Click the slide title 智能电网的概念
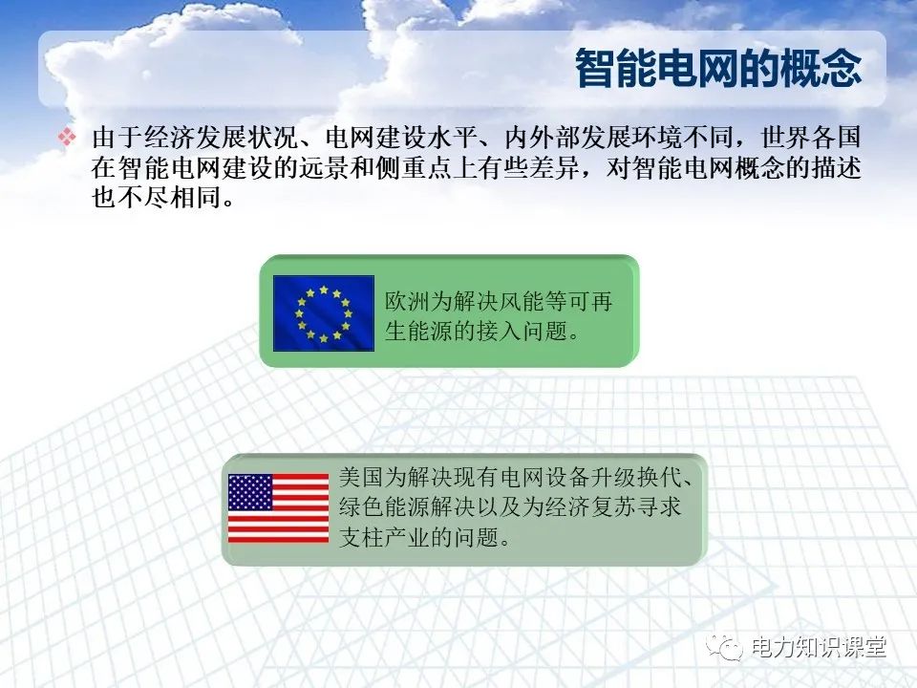pos(718,69)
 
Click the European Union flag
pos(324,313)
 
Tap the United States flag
pos(278,507)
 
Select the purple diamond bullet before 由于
pos(67,137)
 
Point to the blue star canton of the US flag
pos(250,492)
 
